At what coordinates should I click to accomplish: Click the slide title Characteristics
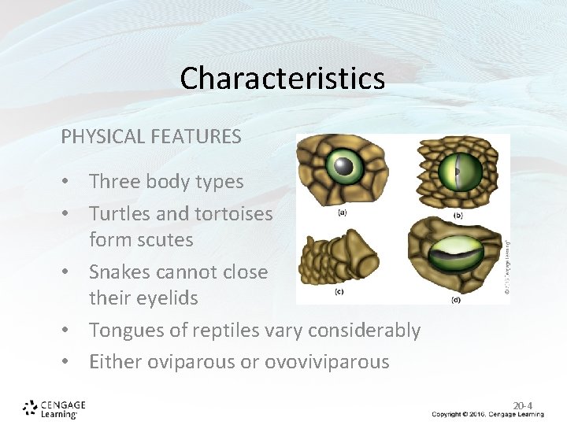coord(282,78)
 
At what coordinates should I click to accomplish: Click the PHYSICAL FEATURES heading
coord(151,136)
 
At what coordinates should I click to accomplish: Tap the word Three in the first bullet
coord(113,182)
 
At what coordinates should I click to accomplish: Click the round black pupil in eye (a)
coord(343,165)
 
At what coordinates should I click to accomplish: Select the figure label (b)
coord(456,216)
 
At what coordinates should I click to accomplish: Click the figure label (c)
coord(339,292)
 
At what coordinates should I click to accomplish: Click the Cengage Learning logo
coord(54,408)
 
